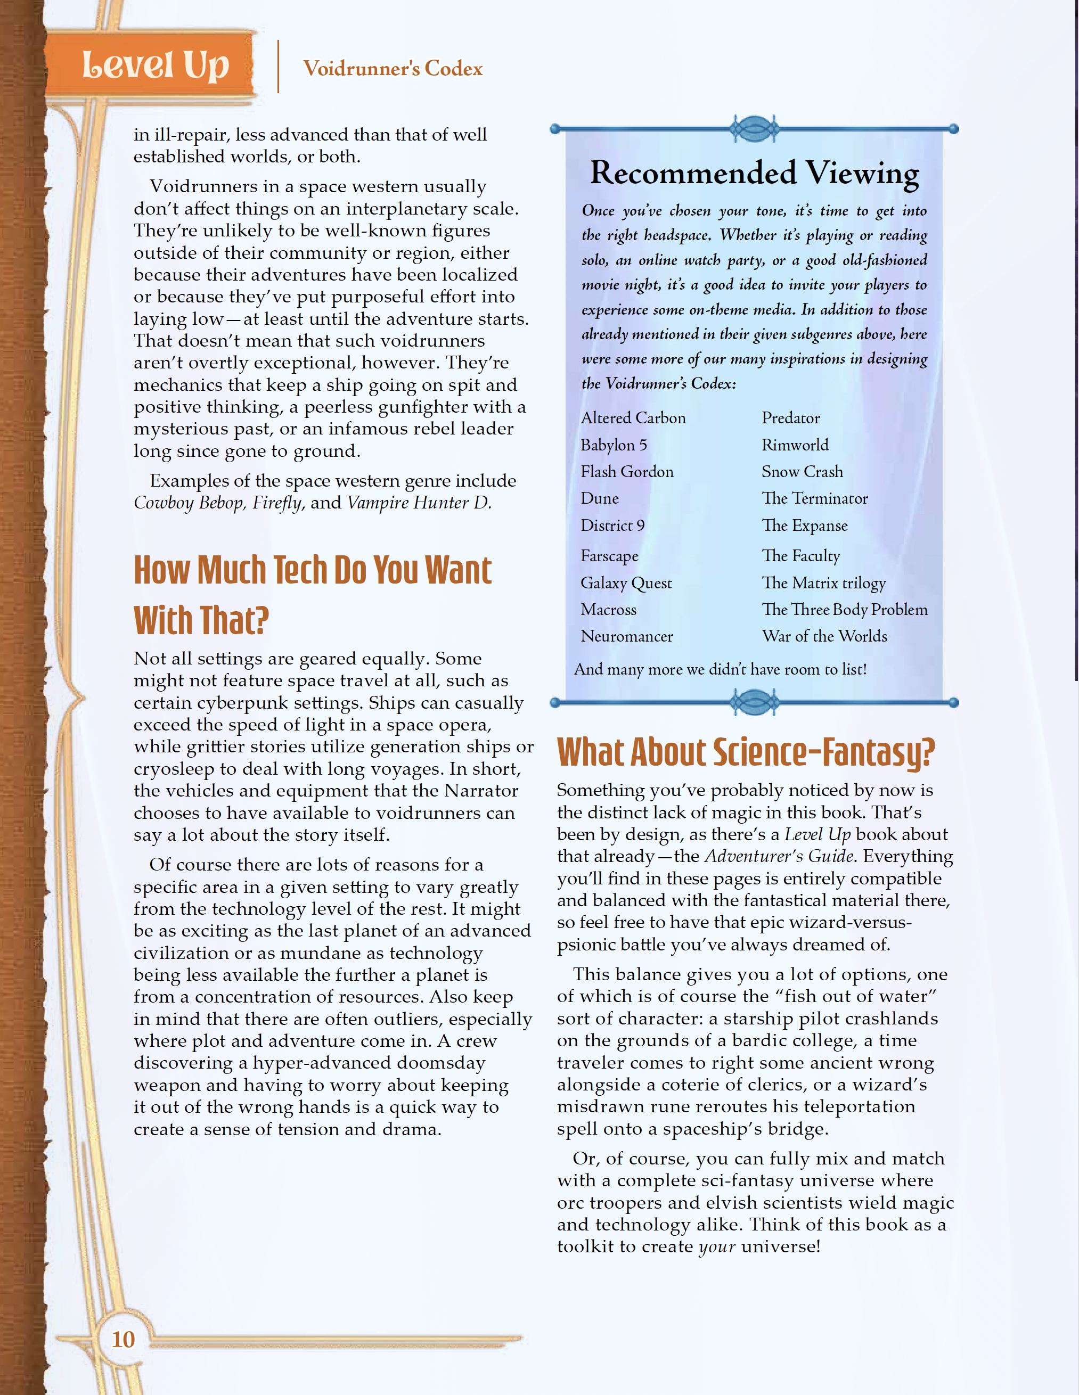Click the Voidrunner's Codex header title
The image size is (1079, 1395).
click(x=393, y=68)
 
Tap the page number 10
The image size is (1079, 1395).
click(x=124, y=1339)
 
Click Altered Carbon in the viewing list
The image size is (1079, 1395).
click(x=633, y=418)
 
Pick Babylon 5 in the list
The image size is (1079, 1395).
click(x=614, y=445)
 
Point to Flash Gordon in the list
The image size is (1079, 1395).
click(x=627, y=471)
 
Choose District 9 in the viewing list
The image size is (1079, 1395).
click(x=612, y=525)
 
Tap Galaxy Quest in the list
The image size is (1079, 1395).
click(x=626, y=582)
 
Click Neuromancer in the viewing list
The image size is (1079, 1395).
click(x=627, y=636)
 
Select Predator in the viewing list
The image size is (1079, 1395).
click(x=790, y=418)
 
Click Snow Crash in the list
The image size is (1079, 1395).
click(x=802, y=471)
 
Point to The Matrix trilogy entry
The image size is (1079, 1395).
click(x=823, y=582)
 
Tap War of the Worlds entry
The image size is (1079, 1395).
click(x=824, y=636)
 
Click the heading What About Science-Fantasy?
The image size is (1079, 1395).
click(x=746, y=752)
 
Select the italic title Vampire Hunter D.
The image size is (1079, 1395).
click(x=419, y=503)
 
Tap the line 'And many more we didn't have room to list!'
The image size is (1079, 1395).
click(x=720, y=669)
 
